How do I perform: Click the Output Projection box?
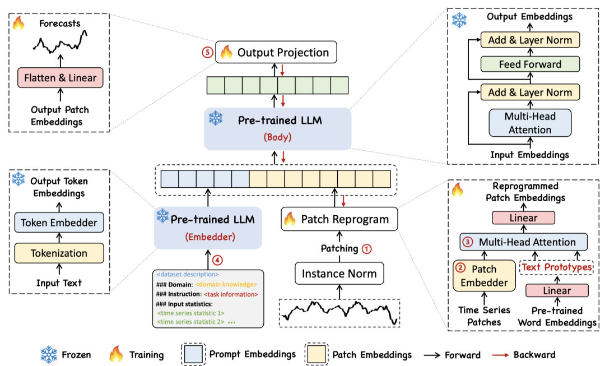coord(277,53)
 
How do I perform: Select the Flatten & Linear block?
coord(60,78)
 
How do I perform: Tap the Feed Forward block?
coord(530,64)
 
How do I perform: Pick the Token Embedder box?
coord(59,223)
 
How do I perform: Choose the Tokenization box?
coord(59,253)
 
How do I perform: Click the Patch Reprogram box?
coord(339,219)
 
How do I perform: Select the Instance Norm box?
coord(339,274)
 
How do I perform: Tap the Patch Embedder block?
coord(483,275)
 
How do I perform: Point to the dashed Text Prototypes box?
coord(556,267)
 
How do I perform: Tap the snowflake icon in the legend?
coord(49,354)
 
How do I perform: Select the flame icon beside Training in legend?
coord(117,354)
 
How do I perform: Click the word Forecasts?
coord(60,24)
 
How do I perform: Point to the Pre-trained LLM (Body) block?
coord(277,128)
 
